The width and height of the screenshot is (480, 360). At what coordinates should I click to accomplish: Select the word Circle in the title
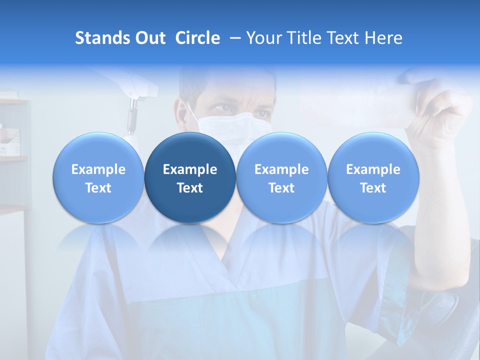pyautogui.click(x=197, y=38)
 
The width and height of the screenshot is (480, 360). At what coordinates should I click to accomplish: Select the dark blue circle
pyautogui.click(x=190, y=178)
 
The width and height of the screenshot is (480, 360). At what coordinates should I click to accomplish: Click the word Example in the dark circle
pyautogui.click(x=190, y=169)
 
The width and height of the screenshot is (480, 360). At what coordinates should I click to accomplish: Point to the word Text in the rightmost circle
pyautogui.click(x=373, y=188)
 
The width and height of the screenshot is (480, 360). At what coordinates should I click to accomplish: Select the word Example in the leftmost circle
pyautogui.click(x=98, y=169)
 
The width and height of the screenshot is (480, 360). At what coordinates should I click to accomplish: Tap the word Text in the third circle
pyautogui.click(x=281, y=188)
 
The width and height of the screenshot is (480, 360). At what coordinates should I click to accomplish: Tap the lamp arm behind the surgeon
pyautogui.click(x=132, y=107)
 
